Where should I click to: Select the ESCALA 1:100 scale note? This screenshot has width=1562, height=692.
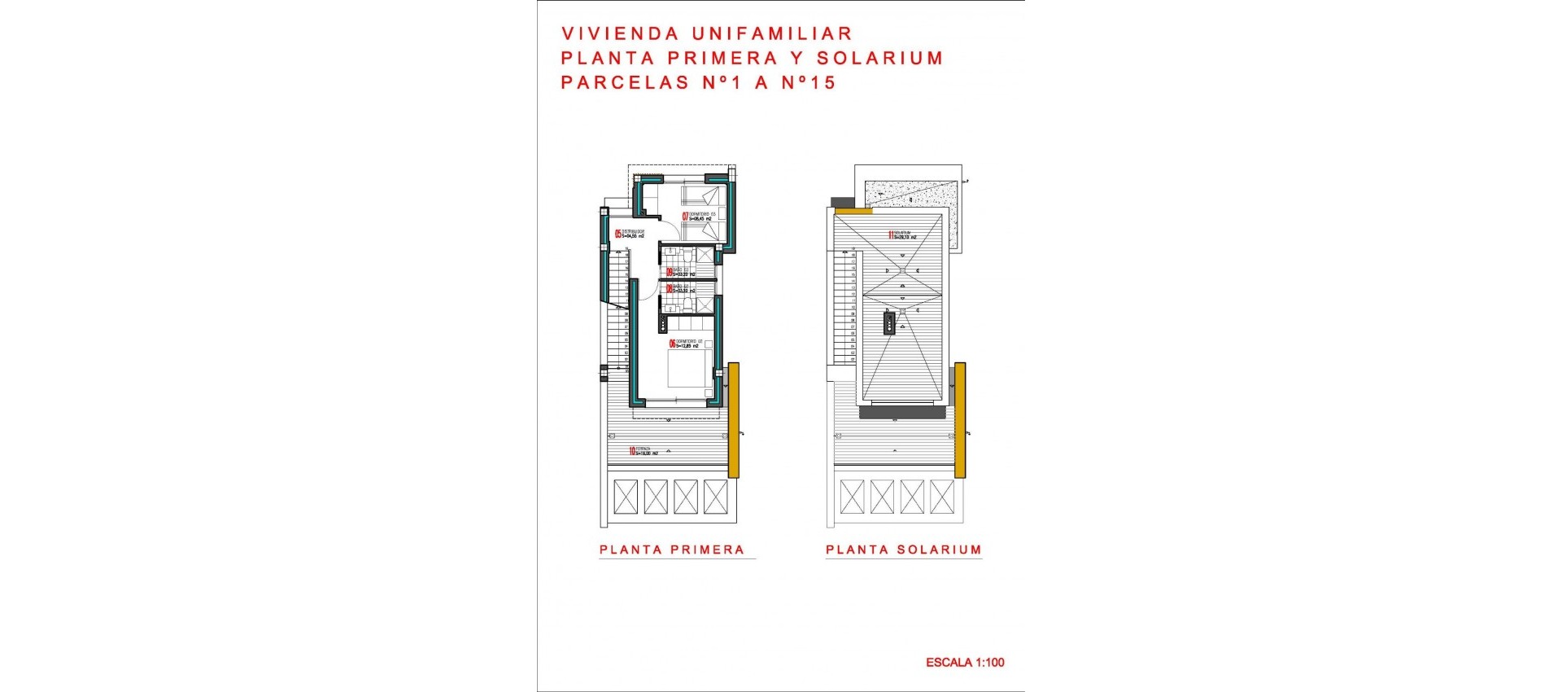tap(965, 663)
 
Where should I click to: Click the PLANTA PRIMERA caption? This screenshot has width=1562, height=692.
tap(672, 550)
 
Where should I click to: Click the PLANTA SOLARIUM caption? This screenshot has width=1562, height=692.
tap(903, 550)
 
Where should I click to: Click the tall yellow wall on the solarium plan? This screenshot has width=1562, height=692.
tap(960, 419)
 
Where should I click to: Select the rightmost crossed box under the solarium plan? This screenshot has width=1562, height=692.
tap(942, 497)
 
